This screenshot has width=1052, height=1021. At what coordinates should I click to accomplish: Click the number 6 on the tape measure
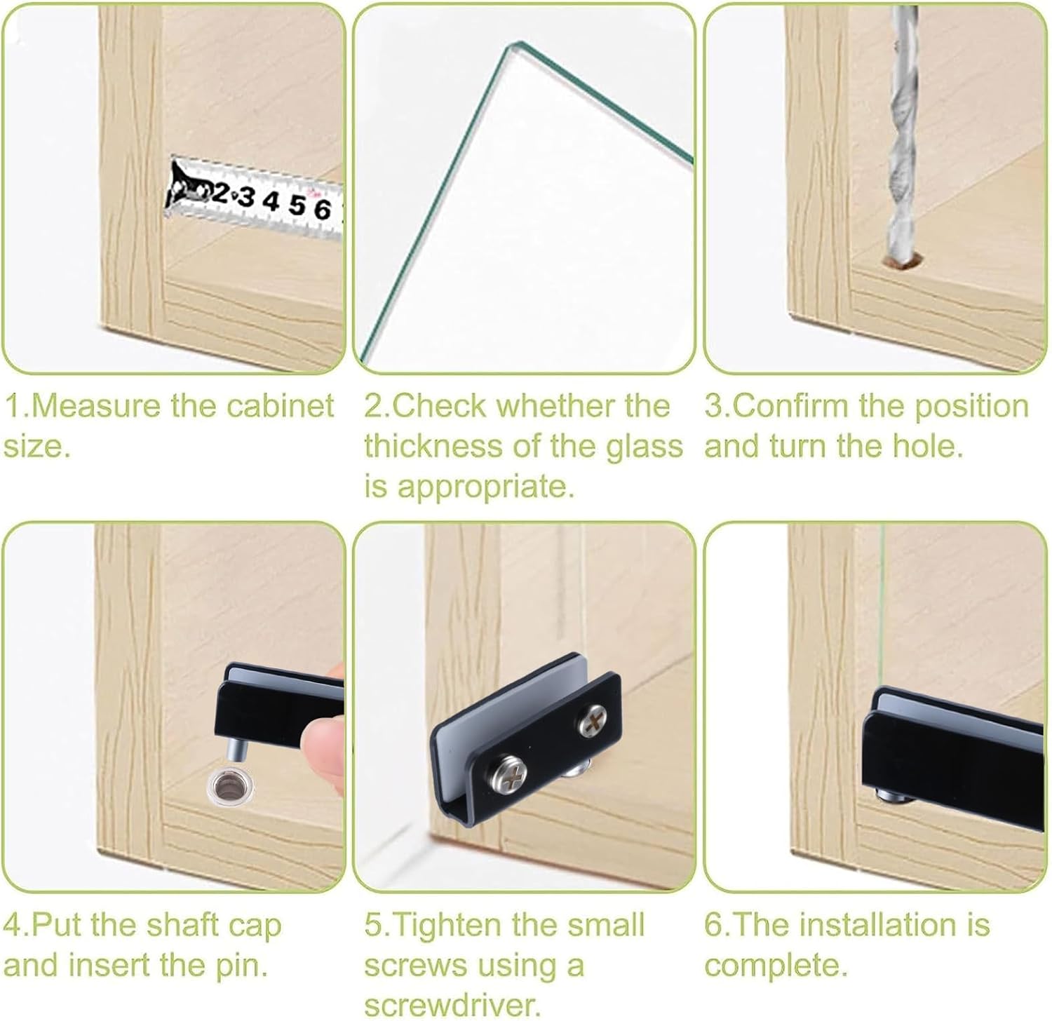(322, 209)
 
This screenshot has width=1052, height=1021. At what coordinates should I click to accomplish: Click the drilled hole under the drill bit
(903, 264)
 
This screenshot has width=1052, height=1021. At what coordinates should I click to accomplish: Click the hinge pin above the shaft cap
(237, 747)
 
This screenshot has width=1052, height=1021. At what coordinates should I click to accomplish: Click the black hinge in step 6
(955, 750)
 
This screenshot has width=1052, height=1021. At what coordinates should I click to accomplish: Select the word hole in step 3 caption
(927, 446)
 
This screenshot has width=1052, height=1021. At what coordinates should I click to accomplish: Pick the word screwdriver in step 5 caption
(453, 1006)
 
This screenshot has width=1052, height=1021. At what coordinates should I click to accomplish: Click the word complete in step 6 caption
(776, 967)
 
